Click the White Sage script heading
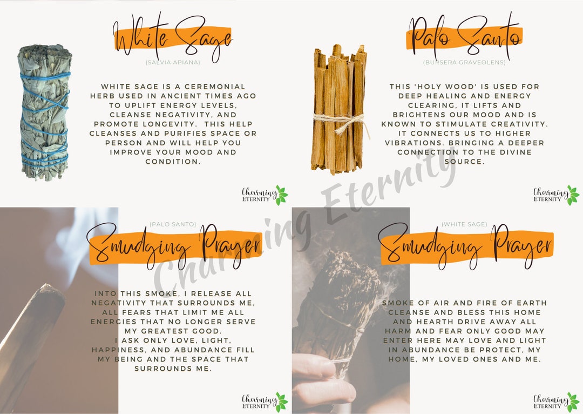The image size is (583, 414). coord(173,38)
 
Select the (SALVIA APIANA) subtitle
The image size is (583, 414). coord(173,63)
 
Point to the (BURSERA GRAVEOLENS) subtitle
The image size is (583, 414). coord(464,63)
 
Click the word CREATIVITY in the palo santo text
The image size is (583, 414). coord(518,124)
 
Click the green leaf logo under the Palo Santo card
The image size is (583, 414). coord(573,195)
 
